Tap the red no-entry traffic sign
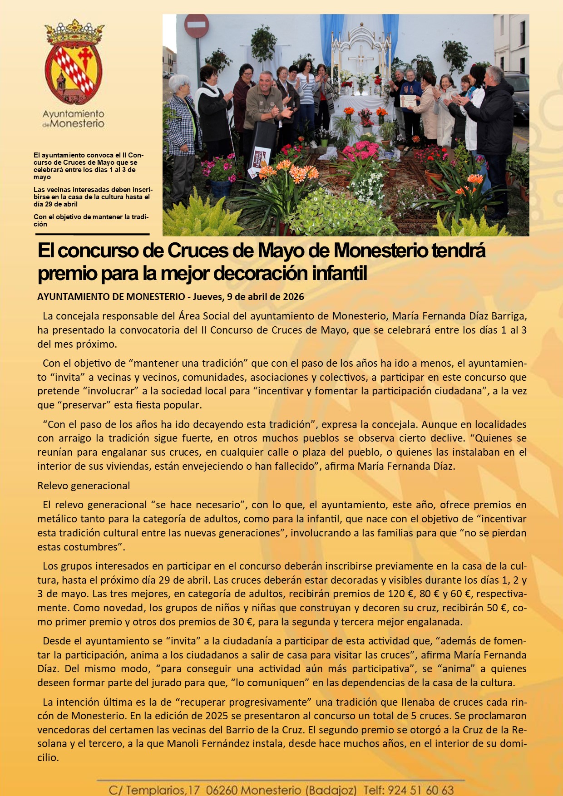pos(197,26)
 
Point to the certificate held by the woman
pos(409,101)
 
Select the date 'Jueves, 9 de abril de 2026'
pos(248,297)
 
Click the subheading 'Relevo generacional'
pos(84,486)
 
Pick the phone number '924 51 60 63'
pos(421,790)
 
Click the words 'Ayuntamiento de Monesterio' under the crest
pos(74,118)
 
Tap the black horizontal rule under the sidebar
pos(93,234)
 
